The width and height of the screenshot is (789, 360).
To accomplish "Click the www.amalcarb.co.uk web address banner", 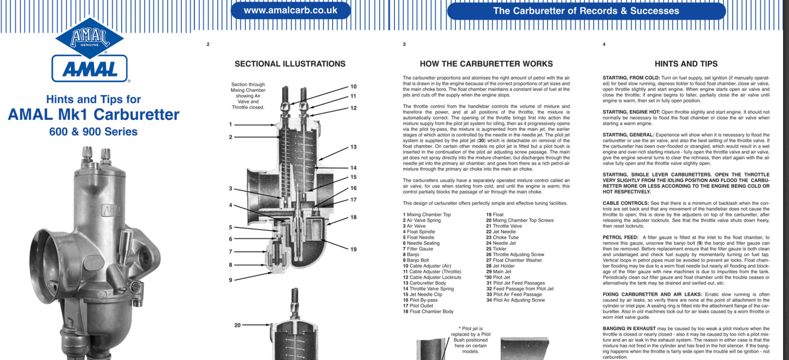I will [290, 11].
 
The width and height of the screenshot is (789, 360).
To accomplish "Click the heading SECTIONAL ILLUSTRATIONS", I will [290, 64].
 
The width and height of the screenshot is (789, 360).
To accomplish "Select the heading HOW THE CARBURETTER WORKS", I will [486, 64].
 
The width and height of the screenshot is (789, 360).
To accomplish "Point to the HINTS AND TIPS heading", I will [686, 64].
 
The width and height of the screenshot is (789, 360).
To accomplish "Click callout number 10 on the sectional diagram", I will [353, 86].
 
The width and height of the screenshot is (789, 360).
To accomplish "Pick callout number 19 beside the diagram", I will [353, 249].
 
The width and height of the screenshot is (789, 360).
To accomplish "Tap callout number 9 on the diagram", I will [231, 280].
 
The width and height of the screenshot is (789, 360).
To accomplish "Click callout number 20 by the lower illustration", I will [237, 325].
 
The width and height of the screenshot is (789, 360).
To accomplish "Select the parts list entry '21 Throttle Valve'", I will [504, 226].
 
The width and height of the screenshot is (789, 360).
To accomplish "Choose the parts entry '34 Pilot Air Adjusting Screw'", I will [515, 300].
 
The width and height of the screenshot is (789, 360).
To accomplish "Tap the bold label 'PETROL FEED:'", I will [620, 238].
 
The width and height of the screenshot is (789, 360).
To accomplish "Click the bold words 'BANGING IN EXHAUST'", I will [629, 329].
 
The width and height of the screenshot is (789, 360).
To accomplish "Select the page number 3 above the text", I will [404, 44].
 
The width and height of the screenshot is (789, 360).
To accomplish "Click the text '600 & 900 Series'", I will [93, 132].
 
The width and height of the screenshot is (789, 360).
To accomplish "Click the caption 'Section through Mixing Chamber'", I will [248, 87].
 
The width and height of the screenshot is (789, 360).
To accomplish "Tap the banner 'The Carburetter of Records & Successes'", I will [586, 11].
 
